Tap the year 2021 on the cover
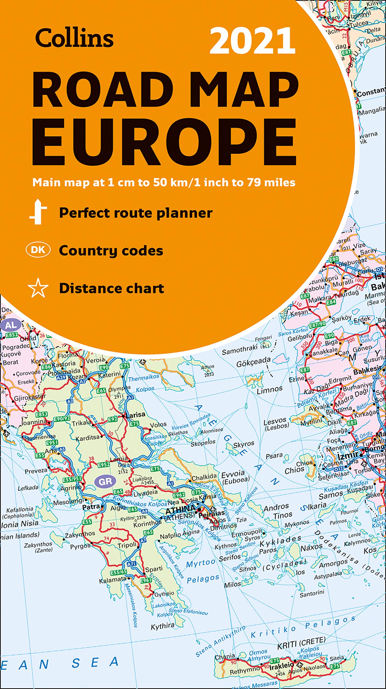click(x=252, y=41)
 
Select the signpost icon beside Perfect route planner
click(x=38, y=212)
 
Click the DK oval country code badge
click(x=38, y=250)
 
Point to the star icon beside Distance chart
click(x=38, y=288)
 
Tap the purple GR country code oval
click(x=105, y=481)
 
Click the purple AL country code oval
click(x=11, y=325)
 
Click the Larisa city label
click(x=136, y=415)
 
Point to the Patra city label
click(x=91, y=507)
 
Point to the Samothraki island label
click(x=240, y=349)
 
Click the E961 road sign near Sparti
click(x=146, y=581)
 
